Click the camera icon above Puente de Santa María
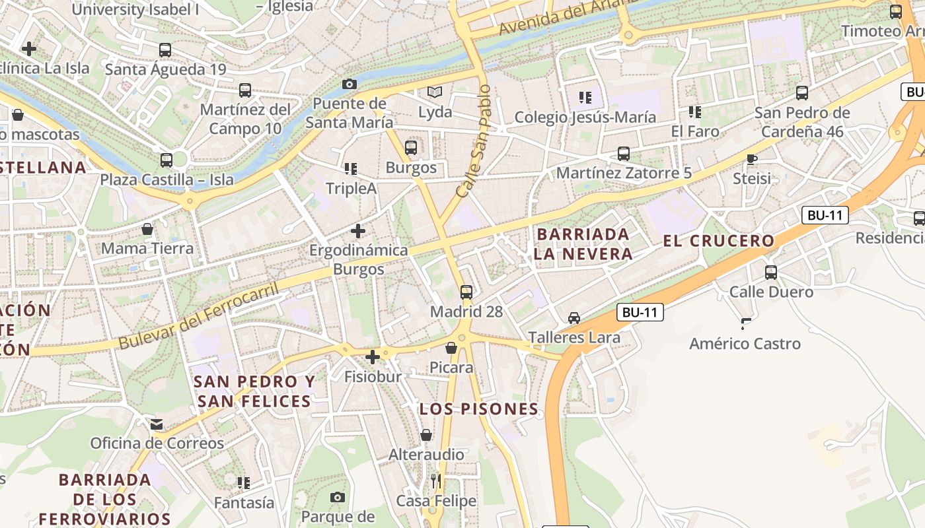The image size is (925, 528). [350, 84]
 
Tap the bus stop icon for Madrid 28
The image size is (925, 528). [466, 292]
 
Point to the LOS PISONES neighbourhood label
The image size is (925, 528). [479, 409]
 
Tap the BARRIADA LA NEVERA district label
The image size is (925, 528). [583, 244]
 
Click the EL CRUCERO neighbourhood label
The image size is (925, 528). [718, 241]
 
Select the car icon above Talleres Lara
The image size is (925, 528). [574, 318]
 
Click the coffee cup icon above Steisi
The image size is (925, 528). [751, 158]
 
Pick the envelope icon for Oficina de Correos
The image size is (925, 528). [157, 424]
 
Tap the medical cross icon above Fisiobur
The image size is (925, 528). [373, 357]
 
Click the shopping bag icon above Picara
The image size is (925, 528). [451, 348]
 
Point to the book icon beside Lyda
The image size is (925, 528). [434, 92]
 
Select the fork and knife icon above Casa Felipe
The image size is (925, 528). [435, 481]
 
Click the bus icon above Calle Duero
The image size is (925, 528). [771, 272]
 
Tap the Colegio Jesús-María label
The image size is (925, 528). [585, 117]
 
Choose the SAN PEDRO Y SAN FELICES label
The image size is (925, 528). [254, 391]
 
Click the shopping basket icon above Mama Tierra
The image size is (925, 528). [147, 229]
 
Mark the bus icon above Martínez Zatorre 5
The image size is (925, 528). [623, 154]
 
